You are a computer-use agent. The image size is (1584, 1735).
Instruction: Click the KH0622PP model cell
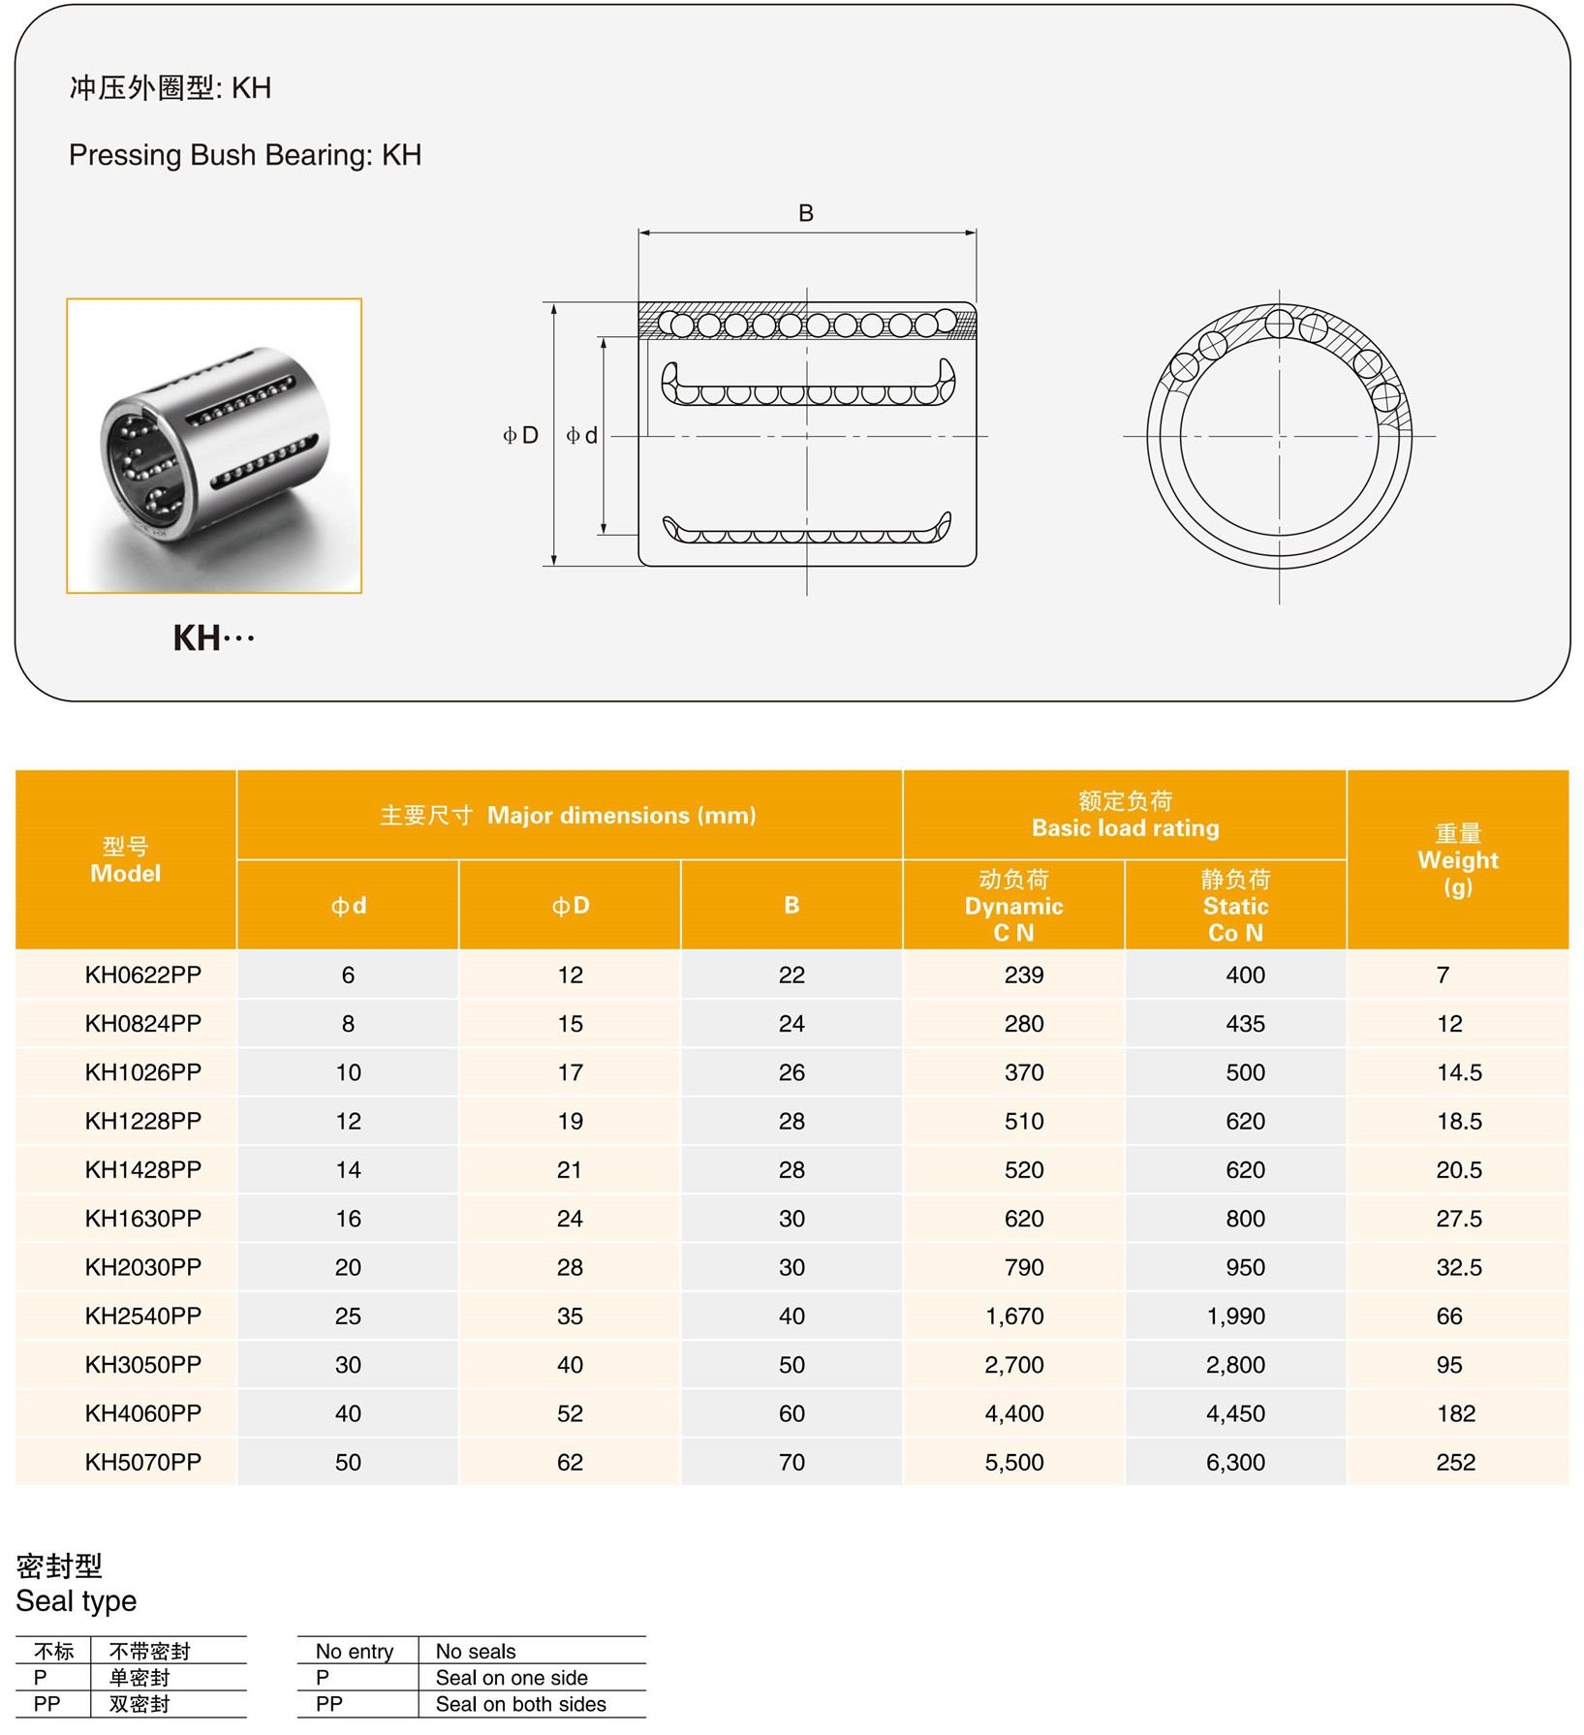point(142,975)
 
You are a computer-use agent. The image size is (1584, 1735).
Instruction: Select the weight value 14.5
point(1458,1072)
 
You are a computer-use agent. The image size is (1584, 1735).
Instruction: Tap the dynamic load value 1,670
point(1013,1316)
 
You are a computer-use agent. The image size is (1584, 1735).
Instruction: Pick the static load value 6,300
point(1235,1462)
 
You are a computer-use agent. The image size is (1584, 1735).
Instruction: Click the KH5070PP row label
point(142,1462)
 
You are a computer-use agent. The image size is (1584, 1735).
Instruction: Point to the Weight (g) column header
point(1457,859)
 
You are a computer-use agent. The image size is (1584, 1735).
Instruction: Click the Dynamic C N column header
point(1013,906)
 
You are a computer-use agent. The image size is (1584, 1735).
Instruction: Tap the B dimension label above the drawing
point(805,213)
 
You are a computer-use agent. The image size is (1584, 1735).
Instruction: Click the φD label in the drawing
point(520,435)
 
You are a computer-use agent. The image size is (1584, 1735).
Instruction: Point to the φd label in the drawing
point(582,435)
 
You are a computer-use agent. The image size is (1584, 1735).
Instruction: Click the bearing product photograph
point(214,446)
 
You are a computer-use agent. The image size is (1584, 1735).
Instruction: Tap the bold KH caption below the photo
point(213,638)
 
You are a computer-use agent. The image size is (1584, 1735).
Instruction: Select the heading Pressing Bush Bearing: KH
point(245,155)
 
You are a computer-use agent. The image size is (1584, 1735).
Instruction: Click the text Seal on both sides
point(520,1704)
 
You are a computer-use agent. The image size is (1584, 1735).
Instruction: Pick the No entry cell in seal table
point(355,1651)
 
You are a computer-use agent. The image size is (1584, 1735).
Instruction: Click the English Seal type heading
point(77,1601)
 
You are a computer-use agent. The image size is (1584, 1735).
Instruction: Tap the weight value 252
point(1455,1462)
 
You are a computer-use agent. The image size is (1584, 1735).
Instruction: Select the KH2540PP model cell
point(142,1316)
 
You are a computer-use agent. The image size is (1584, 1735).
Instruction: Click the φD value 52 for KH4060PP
point(570,1413)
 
